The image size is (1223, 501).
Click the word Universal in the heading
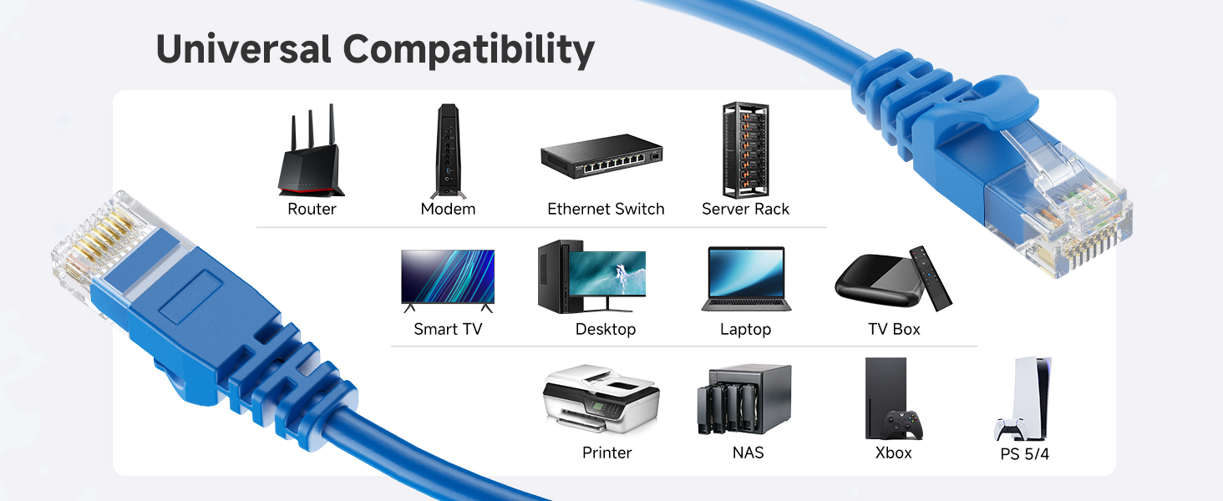(x=243, y=50)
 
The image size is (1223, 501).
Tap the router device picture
(x=311, y=155)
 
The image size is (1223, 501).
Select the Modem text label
(x=448, y=209)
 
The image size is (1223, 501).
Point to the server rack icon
(x=745, y=150)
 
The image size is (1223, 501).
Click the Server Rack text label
(x=745, y=209)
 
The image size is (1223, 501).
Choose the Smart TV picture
(x=448, y=279)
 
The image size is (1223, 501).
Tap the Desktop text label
(x=606, y=329)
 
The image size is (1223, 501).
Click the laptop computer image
(x=745, y=278)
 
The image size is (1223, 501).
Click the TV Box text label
(x=894, y=329)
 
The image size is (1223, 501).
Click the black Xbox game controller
(x=904, y=424)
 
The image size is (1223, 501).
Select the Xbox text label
(x=893, y=453)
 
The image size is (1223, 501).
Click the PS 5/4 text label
(x=1024, y=455)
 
